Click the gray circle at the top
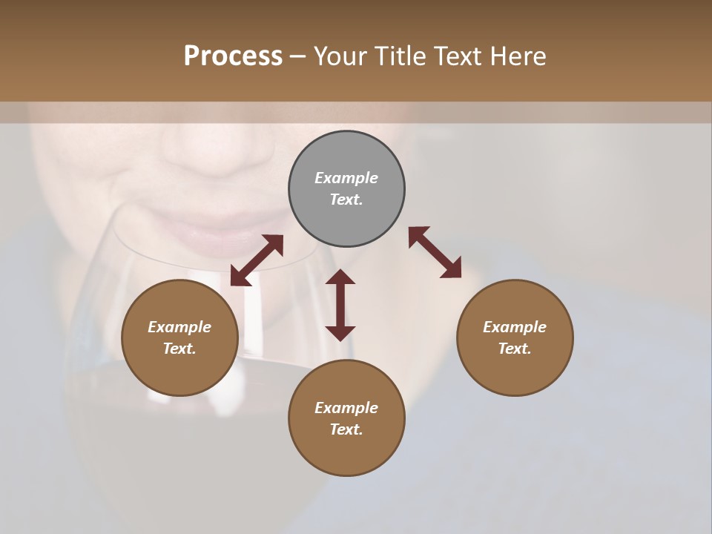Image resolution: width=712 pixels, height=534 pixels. pyautogui.click(x=346, y=189)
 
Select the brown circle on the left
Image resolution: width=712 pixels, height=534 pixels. pyautogui.click(x=179, y=337)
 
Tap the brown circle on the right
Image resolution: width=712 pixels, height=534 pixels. pyautogui.click(x=515, y=337)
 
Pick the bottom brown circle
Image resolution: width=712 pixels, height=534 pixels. pyautogui.click(x=346, y=418)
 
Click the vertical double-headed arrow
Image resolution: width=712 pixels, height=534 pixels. pyautogui.click(x=340, y=305)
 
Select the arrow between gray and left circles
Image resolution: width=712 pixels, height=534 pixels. pyautogui.click(x=257, y=260)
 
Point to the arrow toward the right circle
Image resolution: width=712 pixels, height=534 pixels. pyautogui.click(x=435, y=252)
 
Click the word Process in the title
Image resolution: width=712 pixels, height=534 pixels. pyautogui.click(x=233, y=56)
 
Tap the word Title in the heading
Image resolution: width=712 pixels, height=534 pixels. pyautogui.click(x=402, y=56)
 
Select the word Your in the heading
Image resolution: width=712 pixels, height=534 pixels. pyautogui.click(x=342, y=56)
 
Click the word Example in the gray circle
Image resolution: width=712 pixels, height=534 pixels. pyautogui.click(x=346, y=178)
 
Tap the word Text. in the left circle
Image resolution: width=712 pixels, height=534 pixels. pyautogui.click(x=179, y=349)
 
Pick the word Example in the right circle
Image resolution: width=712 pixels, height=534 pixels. pyautogui.click(x=515, y=327)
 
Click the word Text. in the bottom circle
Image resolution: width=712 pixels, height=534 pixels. pyautogui.click(x=346, y=429)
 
